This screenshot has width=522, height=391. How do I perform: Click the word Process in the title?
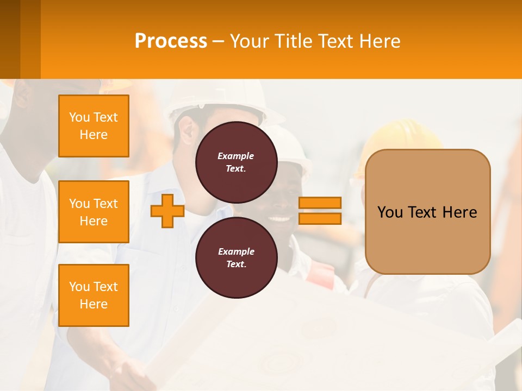(x=171, y=41)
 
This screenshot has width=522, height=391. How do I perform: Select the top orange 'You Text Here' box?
(x=94, y=126)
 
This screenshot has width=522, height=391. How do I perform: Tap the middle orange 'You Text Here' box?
(x=94, y=212)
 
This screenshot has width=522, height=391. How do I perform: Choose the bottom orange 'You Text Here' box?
(x=94, y=295)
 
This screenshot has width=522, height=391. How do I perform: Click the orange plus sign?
(x=167, y=211)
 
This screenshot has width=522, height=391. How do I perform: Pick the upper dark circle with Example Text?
(x=236, y=162)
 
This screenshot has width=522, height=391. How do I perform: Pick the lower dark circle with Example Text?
(x=236, y=257)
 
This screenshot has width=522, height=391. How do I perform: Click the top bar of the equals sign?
(x=320, y=203)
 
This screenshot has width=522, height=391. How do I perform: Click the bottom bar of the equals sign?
(x=320, y=219)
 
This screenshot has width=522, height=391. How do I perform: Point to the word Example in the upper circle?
(x=236, y=156)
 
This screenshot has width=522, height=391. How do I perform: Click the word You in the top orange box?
(x=79, y=117)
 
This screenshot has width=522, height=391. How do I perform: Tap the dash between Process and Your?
(x=219, y=41)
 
